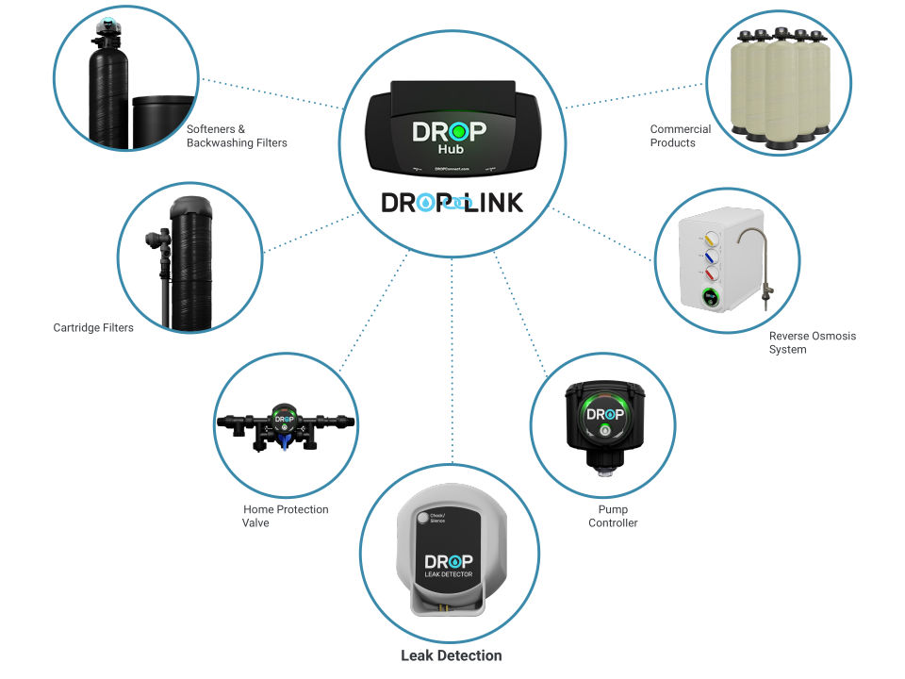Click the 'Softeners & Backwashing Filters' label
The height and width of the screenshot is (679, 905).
pos(236,136)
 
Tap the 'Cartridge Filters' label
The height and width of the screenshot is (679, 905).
pos(93,328)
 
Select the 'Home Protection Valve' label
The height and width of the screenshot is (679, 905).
pos(286,516)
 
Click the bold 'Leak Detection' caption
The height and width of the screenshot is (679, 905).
pos(451,655)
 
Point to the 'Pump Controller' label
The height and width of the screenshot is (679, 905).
pos(613,516)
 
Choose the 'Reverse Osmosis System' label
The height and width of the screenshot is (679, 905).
pos(812,342)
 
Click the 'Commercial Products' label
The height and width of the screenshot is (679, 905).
pos(680,136)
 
